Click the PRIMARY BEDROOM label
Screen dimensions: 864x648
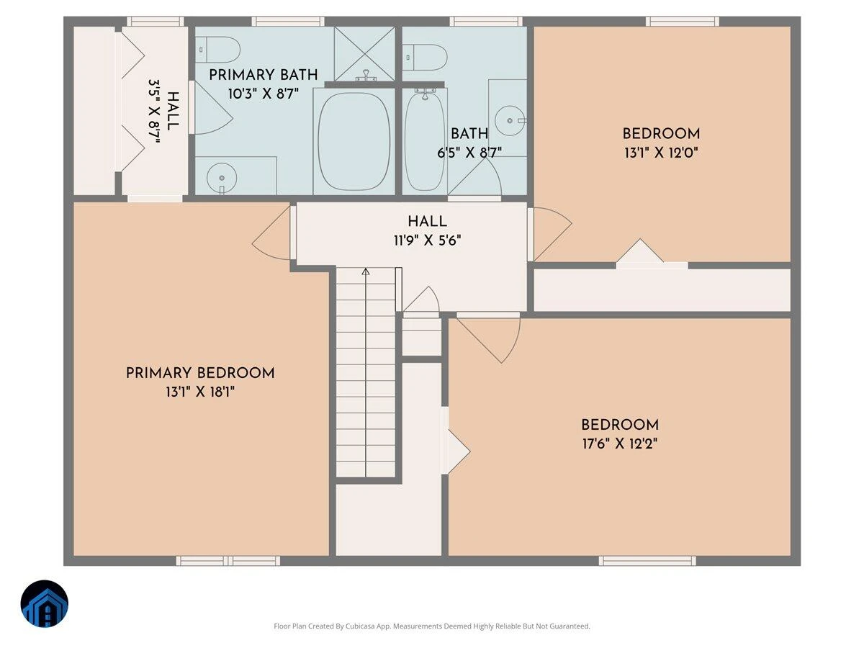(200, 373)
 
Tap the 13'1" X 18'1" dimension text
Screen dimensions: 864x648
(200, 392)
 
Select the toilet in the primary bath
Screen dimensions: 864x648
(217, 50)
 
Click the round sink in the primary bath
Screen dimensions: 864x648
(222, 178)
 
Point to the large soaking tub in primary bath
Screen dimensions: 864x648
(354, 141)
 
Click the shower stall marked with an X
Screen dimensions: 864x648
(364, 54)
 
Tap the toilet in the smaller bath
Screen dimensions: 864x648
(425, 58)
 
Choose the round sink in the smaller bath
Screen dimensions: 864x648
(510, 121)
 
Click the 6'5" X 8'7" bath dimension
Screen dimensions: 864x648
(469, 153)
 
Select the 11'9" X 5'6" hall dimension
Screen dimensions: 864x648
(428, 240)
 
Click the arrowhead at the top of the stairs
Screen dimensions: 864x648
(366, 271)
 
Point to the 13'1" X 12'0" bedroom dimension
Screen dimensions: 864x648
(661, 153)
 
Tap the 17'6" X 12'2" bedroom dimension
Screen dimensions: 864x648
(620, 444)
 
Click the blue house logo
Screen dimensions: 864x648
(45, 603)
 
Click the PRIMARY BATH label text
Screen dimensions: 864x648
(263, 75)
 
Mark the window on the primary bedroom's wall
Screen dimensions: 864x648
(228, 561)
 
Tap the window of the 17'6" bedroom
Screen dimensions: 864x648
(647, 561)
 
